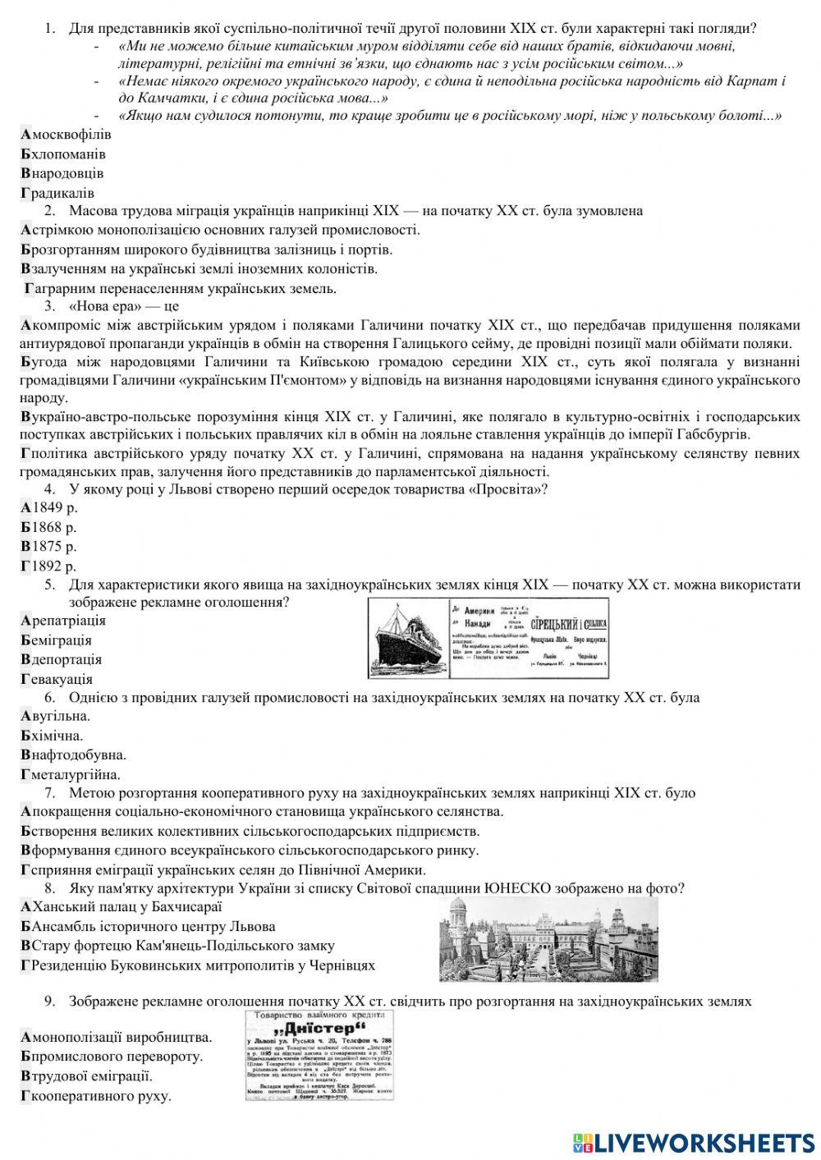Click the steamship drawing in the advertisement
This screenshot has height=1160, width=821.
406,637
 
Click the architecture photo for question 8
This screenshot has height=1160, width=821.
548,938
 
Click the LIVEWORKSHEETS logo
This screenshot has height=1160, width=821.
693,1143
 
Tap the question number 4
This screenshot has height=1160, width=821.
49,489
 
